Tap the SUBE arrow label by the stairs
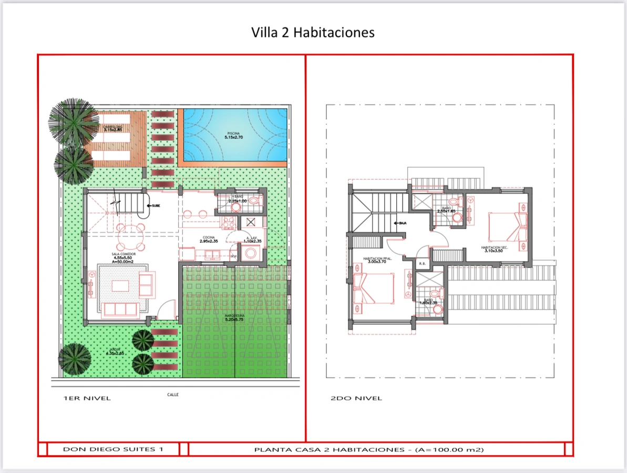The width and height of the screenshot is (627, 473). coord(155,205)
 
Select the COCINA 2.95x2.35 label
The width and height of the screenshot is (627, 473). coord(209,240)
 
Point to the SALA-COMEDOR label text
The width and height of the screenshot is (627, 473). coord(124,256)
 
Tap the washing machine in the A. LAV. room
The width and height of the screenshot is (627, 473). coord(251,253)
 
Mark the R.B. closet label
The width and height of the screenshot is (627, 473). coord(422,263)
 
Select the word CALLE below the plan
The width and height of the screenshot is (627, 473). coord(173,395)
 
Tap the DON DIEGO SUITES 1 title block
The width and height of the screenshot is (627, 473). coord(113,449)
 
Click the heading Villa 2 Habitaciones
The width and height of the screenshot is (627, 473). coord(313,33)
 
